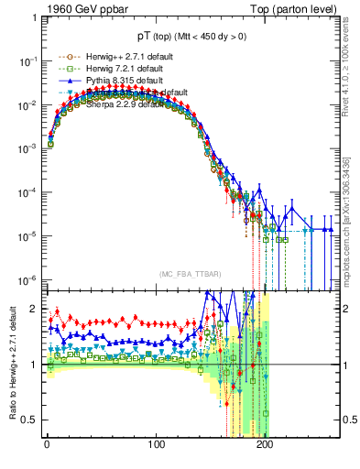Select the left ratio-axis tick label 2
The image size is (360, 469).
[x=34, y=309]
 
